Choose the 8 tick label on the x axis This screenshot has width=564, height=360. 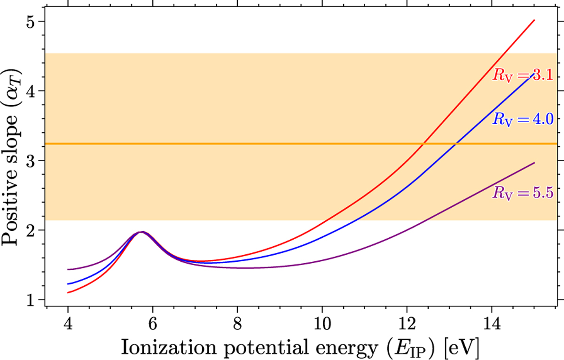tap(237, 324)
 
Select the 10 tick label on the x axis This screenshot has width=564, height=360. tap(322, 324)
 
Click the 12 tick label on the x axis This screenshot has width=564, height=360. tap(407, 324)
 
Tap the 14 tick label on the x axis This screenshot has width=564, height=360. tap(492, 324)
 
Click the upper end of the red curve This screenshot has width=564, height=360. tap(534, 20)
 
